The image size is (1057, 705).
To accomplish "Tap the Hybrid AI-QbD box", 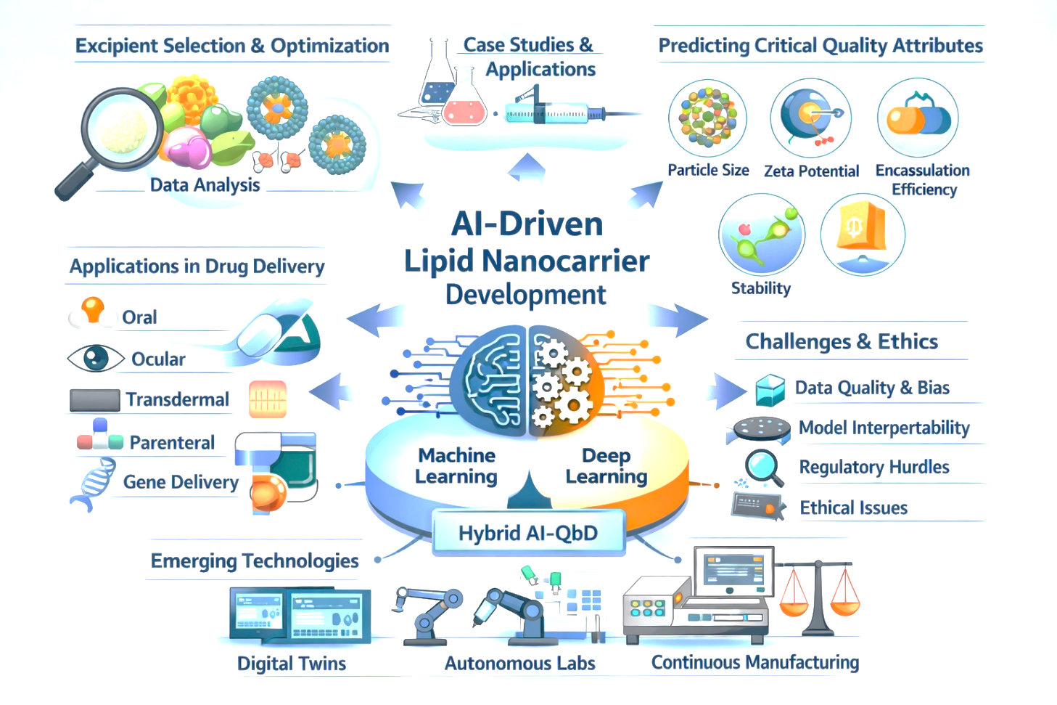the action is click(x=528, y=533).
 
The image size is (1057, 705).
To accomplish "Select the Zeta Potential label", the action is click(x=811, y=171).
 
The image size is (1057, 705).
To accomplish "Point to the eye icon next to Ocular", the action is click(x=96, y=358).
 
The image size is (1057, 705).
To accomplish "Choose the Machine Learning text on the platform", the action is click(x=456, y=465).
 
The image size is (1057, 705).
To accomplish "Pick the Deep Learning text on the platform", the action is click(x=606, y=465).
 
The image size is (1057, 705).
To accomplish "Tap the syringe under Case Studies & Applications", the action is click(x=567, y=112).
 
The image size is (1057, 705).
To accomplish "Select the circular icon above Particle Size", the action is click(x=707, y=118).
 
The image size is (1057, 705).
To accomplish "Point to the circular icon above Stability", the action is click(x=762, y=235).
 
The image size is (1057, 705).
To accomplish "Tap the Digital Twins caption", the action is click(x=292, y=664).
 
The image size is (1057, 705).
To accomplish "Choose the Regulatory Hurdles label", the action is click(x=874, y=467).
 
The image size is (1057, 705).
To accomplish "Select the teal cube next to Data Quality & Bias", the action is click(x=770, y=390).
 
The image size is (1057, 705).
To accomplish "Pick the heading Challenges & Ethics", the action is click(x=842, y=341).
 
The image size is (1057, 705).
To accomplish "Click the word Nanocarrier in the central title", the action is click(x=566, y=261).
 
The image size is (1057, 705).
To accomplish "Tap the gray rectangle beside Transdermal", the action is click(x=94, y=400).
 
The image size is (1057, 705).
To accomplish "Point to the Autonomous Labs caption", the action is click(x=519, y=664).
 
